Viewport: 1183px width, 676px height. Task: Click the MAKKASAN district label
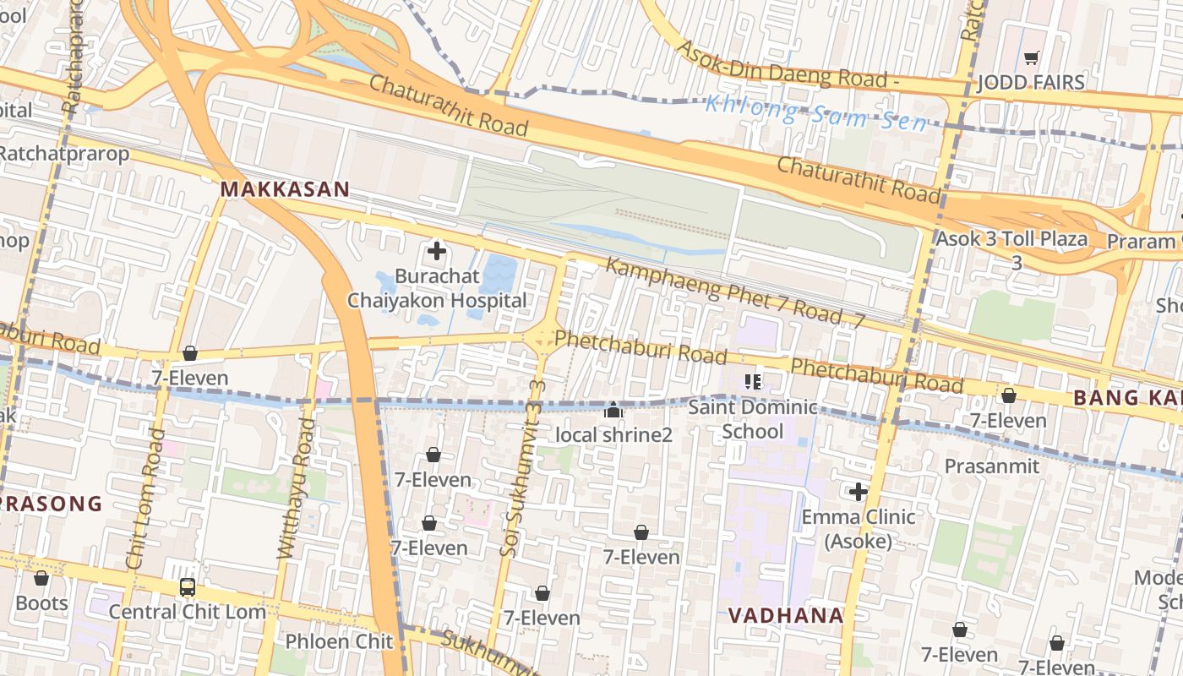(285, 189)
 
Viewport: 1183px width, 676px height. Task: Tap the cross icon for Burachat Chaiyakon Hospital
(437, 251)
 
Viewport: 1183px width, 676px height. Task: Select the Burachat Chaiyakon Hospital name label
(437, 288)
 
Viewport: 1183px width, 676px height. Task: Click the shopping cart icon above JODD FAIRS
(1031, 58)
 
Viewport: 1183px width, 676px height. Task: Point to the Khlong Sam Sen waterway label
(815, 113)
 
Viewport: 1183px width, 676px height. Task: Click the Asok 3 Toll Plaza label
(1011, 239)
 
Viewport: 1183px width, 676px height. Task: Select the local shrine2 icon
(613, 411)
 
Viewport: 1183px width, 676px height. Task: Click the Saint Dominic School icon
(753, 382)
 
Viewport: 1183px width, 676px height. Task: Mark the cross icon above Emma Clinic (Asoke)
(859, 492)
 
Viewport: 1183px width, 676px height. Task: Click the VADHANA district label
(786, 616)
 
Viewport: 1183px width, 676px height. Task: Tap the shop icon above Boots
(41, 579)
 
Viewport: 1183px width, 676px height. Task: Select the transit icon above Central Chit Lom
(188, 587)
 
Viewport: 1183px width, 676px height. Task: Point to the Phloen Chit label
(340, 641)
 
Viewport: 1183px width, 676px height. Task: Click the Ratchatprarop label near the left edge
(65, 154)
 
